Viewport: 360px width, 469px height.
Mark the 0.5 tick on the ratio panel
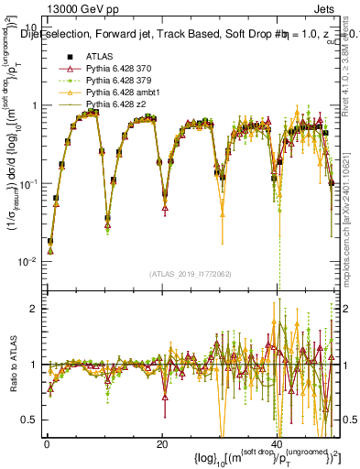32,419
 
